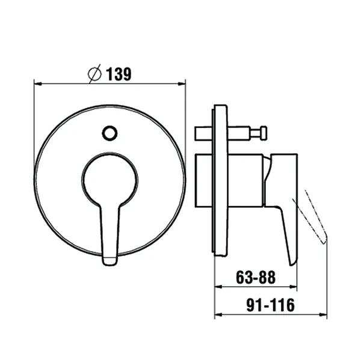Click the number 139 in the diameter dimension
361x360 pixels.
[x=119, y=74]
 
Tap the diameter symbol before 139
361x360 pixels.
[x=94, y=74]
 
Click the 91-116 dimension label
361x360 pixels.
[x=270, y=305]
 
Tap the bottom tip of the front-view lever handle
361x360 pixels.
[x=110, y=260]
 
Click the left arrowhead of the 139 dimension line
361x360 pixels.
[x=37, y=84]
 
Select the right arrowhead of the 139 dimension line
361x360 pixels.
[x=183, y=84]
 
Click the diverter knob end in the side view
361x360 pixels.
[x=264, y=131]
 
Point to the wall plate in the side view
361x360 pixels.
[x=220, y=180]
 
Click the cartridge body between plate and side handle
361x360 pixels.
[x=247, y=180]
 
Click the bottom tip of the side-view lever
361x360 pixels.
[x=293, y=261]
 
